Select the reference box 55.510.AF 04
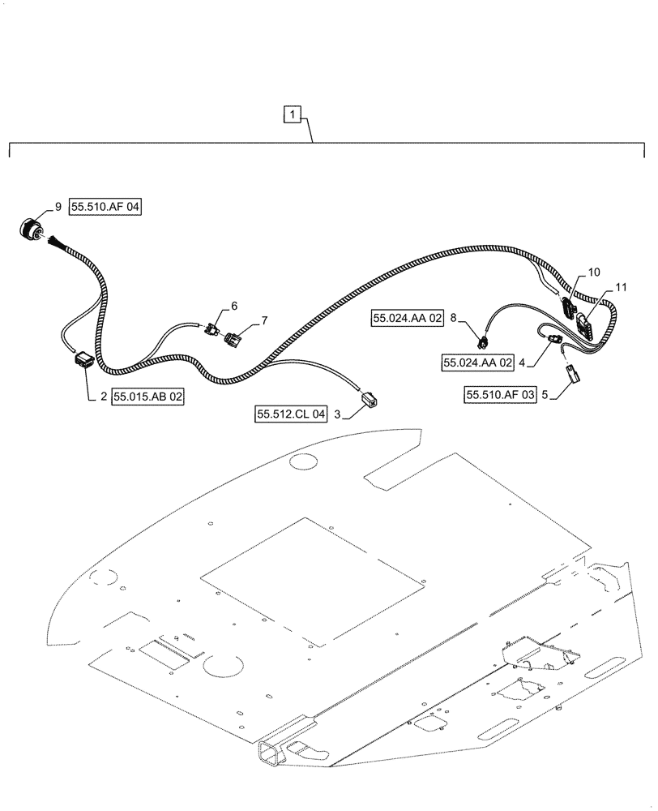(105, 208)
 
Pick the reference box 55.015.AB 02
(148, 397)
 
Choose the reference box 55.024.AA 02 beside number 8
(408, 319)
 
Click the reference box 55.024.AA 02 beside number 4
(478, 363)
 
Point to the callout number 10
(595, 272)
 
